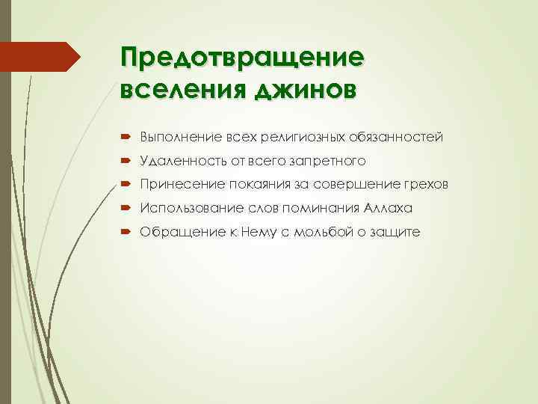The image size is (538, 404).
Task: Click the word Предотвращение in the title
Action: click(242, 58)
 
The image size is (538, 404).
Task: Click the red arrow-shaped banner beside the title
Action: click(40, 58)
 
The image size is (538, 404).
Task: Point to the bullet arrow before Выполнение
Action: click(124, 137)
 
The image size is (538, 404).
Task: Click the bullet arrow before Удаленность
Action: click(124, 161)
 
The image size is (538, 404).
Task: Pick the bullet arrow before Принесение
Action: click(124, 185)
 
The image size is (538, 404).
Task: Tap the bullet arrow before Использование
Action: click(124, 209)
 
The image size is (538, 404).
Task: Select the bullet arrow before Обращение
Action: click(124, 233)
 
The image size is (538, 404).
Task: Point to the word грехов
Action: click(427, 185)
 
